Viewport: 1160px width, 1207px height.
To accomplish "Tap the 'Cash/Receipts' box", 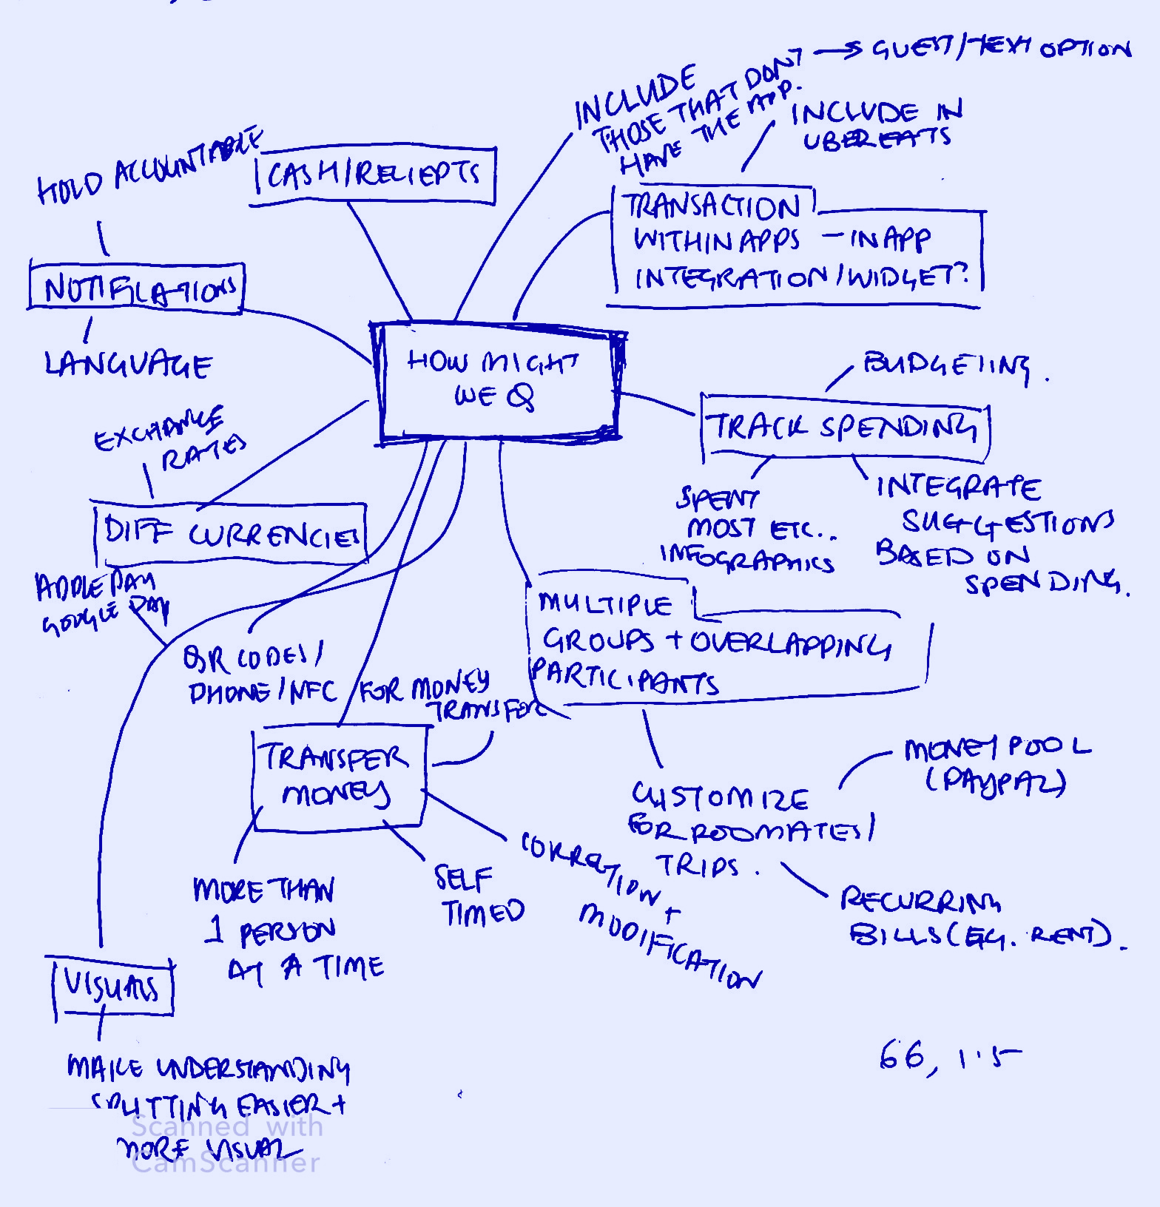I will coord(374,175).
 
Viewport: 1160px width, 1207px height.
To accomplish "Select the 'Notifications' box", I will coord(137,289).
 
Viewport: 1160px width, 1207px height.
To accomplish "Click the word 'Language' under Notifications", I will coord(128,365).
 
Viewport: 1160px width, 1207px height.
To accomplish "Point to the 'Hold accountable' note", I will coord(148,169).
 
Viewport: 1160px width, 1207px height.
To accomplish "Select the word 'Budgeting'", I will coord(947,366).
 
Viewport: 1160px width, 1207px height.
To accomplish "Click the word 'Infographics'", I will coord(747,560).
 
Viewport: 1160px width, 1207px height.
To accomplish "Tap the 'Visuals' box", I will coord(112,987).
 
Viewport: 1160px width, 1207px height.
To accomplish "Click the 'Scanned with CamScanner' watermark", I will coord(226,1145).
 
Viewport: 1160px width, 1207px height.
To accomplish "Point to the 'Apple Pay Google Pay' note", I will coord(100,603).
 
